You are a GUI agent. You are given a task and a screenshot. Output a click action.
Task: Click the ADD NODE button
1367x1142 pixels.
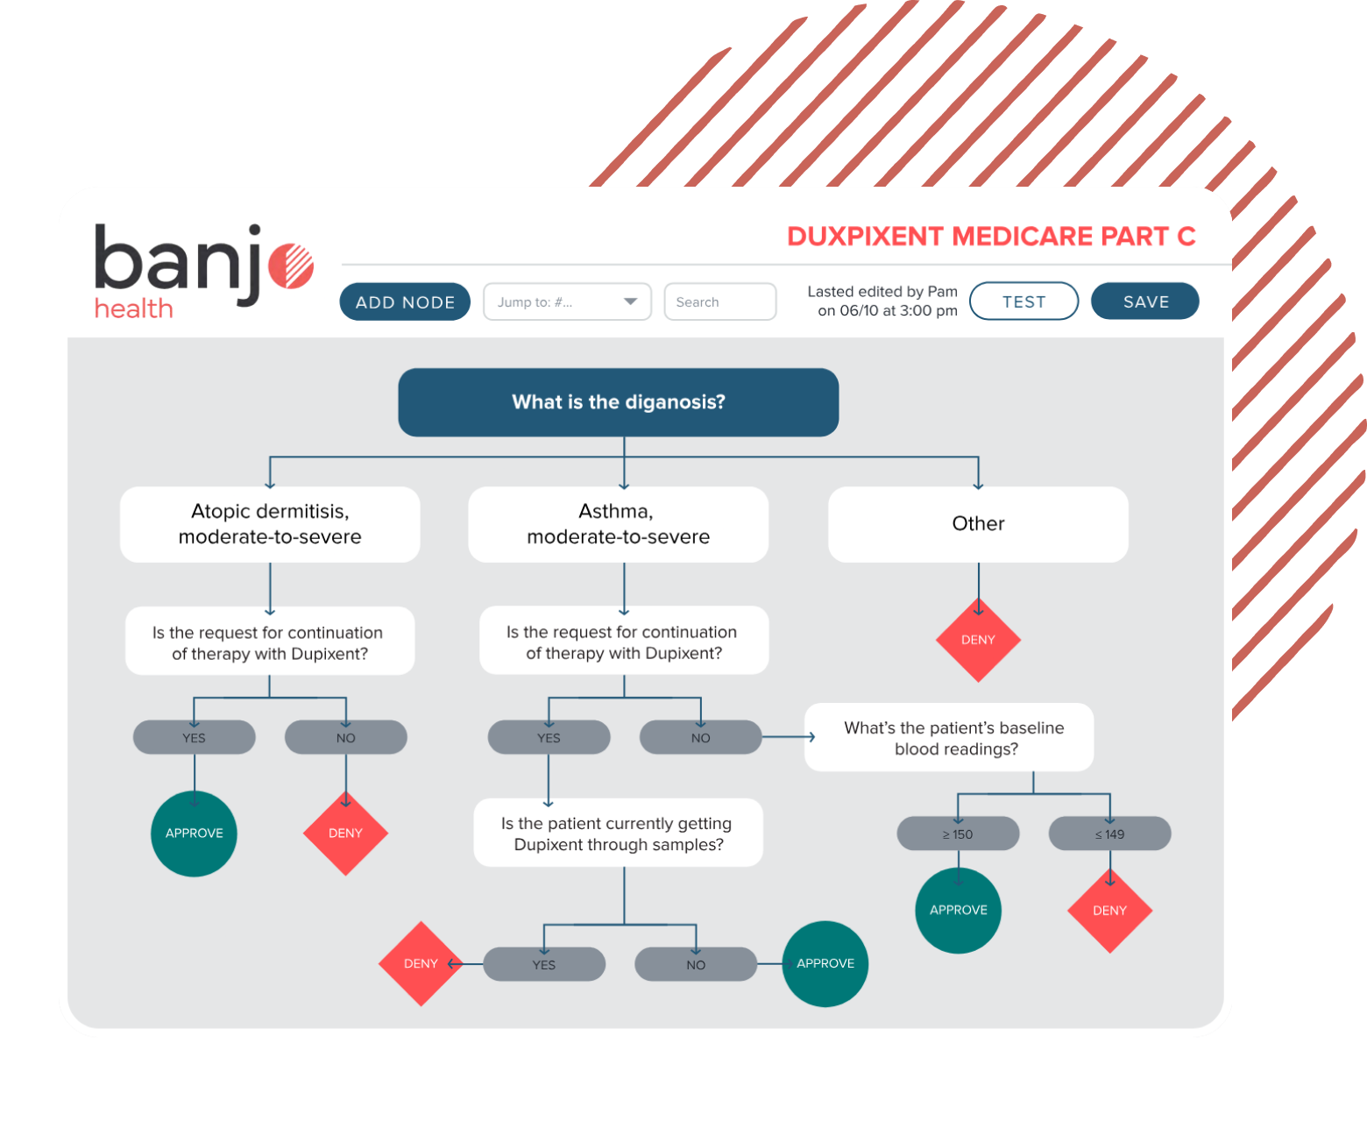click(x=405, y=301)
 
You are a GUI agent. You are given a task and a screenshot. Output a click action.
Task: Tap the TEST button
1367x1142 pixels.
click(x=1023, y=301)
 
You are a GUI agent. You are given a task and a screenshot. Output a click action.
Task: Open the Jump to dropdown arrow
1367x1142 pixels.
click(x=630, y=301)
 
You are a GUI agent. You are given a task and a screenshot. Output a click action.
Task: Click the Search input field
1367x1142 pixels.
click(x=719, y=301)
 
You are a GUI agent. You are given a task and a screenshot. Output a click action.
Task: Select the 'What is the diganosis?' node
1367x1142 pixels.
click(x=618, y=402)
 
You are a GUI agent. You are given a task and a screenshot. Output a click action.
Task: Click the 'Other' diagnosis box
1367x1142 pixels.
click(x=977, y=524)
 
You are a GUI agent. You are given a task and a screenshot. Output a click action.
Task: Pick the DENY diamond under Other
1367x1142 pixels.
click(x=978, y=640)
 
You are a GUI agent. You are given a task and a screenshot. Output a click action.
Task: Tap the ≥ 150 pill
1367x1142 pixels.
click(x=958, y=833)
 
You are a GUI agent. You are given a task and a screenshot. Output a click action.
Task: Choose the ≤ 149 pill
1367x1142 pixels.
click(x=1109, y=833)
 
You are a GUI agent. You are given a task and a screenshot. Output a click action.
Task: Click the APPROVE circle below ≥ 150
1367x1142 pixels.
click(x=958, y=911)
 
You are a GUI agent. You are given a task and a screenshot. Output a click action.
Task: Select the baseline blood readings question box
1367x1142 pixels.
click(x=949, y=737)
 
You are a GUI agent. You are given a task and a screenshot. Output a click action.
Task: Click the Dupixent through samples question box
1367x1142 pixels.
click(x=618, y=833)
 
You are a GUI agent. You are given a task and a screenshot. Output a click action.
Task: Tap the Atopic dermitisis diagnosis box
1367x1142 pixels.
click(x=270, y=524)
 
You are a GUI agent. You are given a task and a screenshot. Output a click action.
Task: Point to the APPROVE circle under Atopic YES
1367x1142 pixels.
click(x=194, y=833)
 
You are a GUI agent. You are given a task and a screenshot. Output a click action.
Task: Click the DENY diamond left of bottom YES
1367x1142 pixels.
click(x=421, y=963)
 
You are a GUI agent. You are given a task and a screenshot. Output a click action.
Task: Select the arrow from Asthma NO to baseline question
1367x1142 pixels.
click(x=789, y=737)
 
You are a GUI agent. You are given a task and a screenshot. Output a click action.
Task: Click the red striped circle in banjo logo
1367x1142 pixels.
click(x=291, y=266)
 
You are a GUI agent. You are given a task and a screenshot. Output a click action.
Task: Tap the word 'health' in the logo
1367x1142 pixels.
click(x=133, y=309)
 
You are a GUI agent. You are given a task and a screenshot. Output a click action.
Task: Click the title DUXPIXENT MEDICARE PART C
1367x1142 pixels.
click(x=991, y=237)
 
